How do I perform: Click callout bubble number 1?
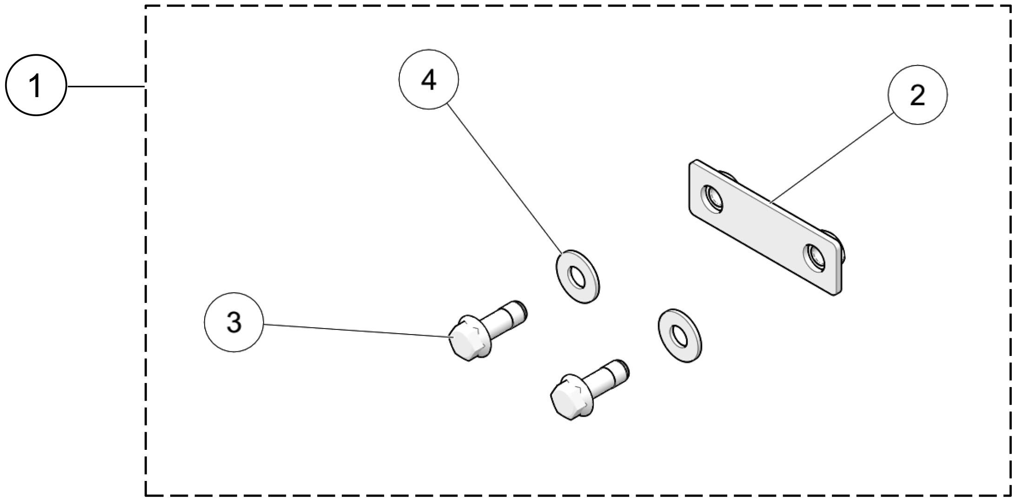coord(36,86)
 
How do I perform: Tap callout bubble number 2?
coord(917,95)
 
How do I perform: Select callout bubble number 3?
coord(234,322)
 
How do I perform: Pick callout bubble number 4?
coord(428,80)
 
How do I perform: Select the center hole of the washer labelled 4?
coord(578,278)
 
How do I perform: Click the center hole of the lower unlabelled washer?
coord(680,336)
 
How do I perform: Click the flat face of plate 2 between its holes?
coord(763,228)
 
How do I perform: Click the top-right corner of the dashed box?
coord(1010,6)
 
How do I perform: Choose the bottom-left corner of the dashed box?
coord(146,495)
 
